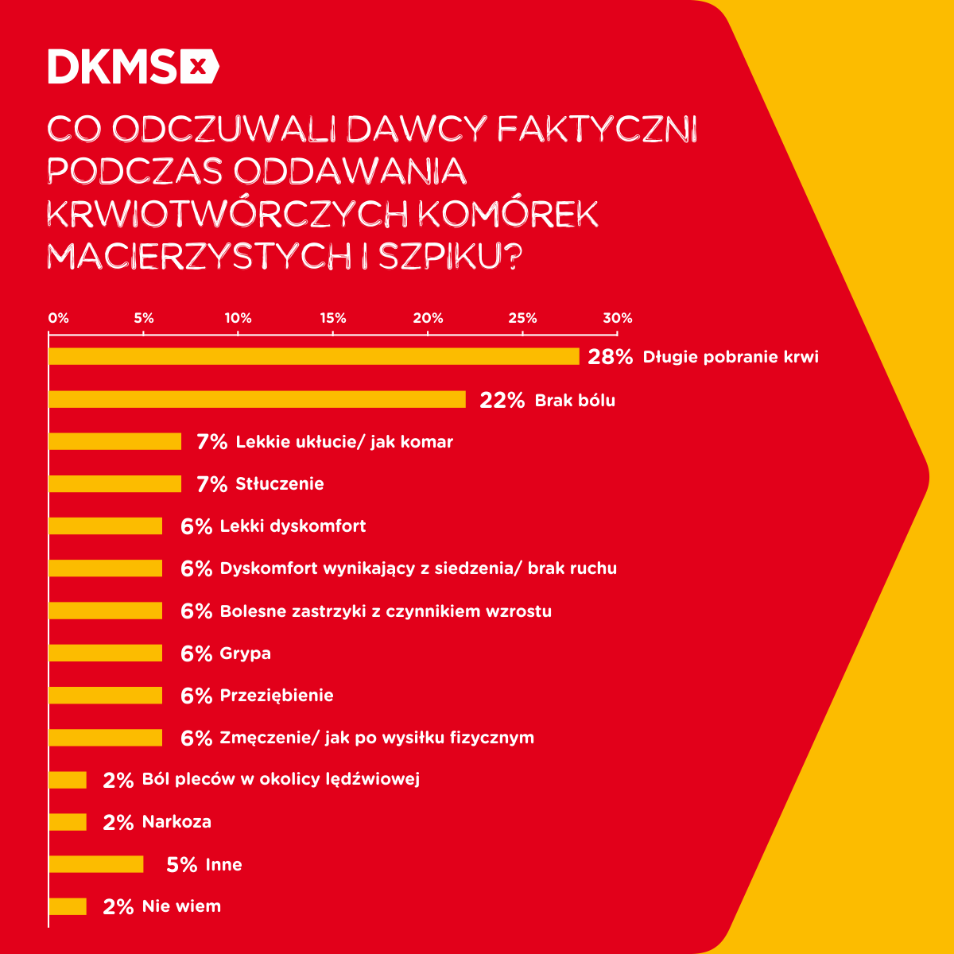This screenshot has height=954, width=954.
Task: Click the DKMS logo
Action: [x=133, y=66]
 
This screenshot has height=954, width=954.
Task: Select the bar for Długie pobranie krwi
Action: [x=314, y=356]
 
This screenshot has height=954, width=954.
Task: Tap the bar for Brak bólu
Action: [x=257, y=399]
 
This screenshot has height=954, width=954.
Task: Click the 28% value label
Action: [x=610, y=357]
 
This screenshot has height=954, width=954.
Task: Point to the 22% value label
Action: [x=502, y=400]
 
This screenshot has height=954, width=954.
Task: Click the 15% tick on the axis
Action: [x=333, y=318]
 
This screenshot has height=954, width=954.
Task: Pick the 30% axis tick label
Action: [x=617, y=318]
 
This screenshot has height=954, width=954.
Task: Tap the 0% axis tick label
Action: [x=59, y=318]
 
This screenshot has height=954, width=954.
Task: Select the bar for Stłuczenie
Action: [x=115, y=483]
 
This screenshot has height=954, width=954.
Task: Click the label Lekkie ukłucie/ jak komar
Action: [x=344, y=441]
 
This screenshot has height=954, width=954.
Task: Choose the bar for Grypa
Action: [x=106, y=653]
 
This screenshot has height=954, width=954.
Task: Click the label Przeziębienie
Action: [x=277, y=695]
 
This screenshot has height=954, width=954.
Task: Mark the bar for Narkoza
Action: [x=68, y=821]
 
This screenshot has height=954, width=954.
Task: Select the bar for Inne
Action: [x=96, y=864]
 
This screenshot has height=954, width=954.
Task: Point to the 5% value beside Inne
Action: [x=181, y=865]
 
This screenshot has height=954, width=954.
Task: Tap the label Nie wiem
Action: [x=181, y=906]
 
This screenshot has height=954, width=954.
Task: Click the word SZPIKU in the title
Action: [x=448, y=256]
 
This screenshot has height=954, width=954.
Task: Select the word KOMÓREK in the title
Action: [x=508, y=214]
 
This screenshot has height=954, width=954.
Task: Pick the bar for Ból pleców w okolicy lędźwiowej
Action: [x=68, y=779]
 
